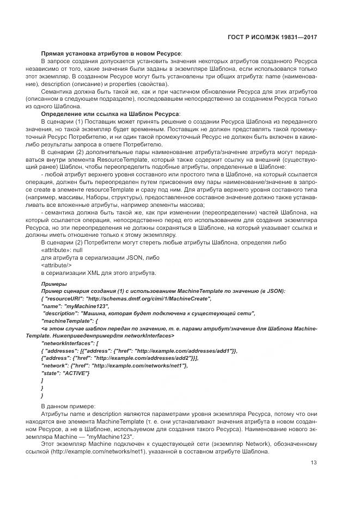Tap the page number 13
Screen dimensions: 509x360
314,463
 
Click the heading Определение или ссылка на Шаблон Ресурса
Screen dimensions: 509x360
110,113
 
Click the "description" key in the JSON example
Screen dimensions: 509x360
61,314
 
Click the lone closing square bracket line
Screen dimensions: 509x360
42,381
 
